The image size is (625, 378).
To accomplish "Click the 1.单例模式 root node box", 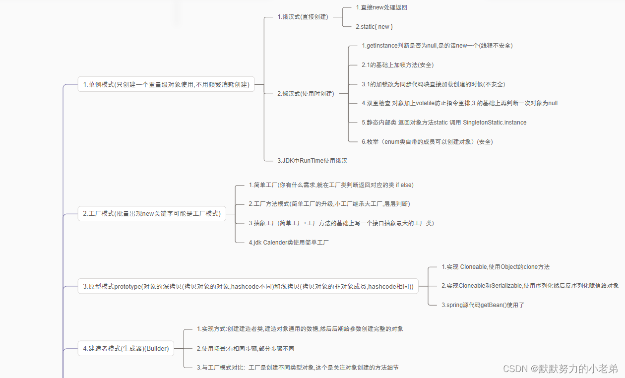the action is pos(166,84).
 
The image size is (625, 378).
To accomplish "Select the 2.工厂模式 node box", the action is pos(152,214).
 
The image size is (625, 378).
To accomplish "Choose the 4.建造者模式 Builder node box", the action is pos(126,349).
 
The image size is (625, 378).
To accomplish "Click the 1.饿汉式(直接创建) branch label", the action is pos(303,17).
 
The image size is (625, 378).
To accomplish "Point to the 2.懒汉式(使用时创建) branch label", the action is pos(306,93).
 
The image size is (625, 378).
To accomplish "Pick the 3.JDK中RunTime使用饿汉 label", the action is pos(315,160).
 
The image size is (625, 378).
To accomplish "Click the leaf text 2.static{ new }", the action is pos(375,26).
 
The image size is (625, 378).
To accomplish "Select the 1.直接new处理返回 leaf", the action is pos(381,7).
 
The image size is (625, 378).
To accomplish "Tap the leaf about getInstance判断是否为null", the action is pos(437,46).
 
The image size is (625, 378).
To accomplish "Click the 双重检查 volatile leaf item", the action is pos(459,103).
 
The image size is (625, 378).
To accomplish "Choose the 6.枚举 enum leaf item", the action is pos(427,141).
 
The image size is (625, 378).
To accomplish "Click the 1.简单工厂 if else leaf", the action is pos(331,185).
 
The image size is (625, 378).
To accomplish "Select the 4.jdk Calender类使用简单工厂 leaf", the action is pos(289,243).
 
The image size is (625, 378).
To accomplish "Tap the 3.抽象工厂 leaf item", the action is pos(341,223).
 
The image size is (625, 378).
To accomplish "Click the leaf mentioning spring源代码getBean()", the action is pos(483,305).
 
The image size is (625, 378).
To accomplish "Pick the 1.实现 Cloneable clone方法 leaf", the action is pos(496,267).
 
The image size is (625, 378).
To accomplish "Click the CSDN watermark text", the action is pos(560,369).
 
